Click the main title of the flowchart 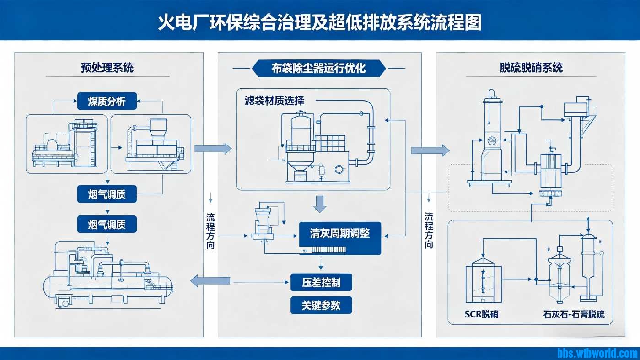tap(320, 22)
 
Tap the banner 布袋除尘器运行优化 tap(318, 68)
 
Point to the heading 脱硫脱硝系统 tap(531, 68)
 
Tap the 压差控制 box tap(321, 282)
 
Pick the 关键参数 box tap(321, 305)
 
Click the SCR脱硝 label tap(481, 314)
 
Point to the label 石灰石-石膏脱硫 tap(574, 314)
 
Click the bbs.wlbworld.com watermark tap(597, 353)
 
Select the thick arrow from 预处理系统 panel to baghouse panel tap(213, 148)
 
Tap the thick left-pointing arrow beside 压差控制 tap(210, 280)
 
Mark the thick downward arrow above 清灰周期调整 tap(321, 204)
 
